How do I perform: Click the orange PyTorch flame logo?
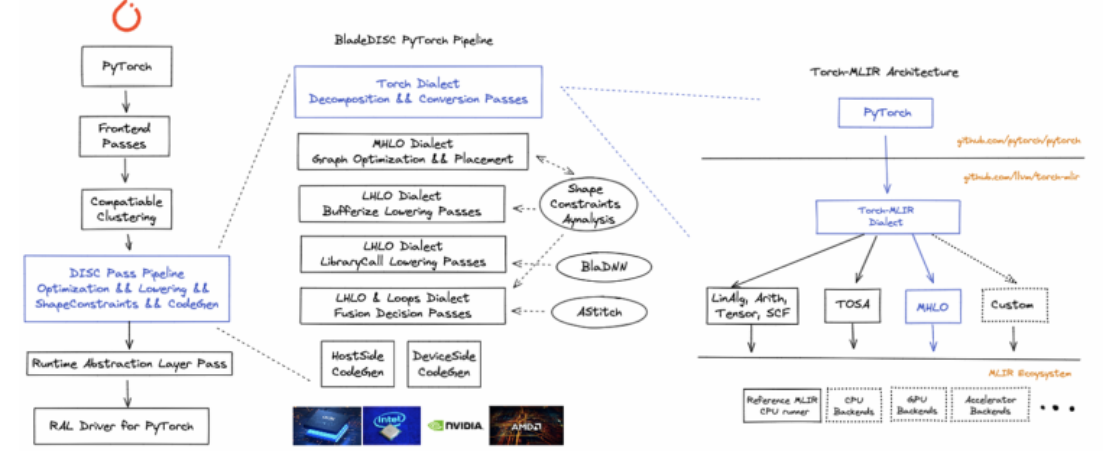pyautogui.click(x=126, y=17)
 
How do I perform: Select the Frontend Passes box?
pyautogui.click(x=124, y=136)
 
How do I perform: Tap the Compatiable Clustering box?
pyautogui.click(x=126, y=209)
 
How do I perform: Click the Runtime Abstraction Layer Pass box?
pyautogui.click(x=129, y=364)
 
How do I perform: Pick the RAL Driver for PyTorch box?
pyautogui.click(x=121, y=426)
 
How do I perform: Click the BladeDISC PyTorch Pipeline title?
pyautogui.click(x=414, y=40)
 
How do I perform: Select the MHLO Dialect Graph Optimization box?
pyautogui.click(x=413, y=152)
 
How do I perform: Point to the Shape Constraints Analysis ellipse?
pyautogui.click(x=588, y=204)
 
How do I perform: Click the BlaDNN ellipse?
pyautogui.click(x=603, y=266)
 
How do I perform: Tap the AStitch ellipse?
pyautogui.click(x=599, y=312)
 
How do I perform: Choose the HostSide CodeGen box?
pyautogui.click(x=358, y=364)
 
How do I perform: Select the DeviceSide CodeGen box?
pyautogui.click(x=444, y=364)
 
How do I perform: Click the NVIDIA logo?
pyautogui.click(x=455, y=426)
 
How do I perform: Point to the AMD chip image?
pyautogui.click(x=526, y=426)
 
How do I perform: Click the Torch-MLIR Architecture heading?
pyautogui.click(x=884, y=72)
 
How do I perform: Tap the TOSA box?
pyautogui.click(x=852, y=305)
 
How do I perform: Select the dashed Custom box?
pyautogui.click(x=1015, y=305)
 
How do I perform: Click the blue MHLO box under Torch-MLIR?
pyautogui.click(x=933, y=307)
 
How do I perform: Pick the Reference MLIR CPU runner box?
pyautogui.click(x=782, y=406)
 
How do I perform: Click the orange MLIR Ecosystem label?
pyautogui.click(x=1029, y=373)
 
